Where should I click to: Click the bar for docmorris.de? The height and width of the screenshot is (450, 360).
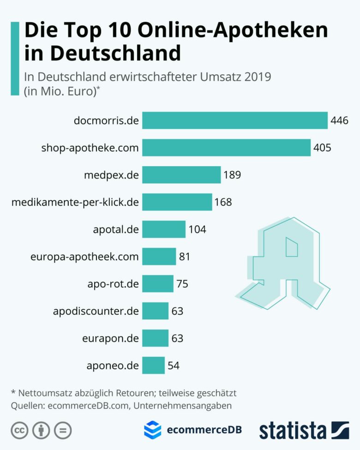click(x=234, y=121)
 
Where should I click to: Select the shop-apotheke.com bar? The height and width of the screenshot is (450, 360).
click(x=226, y=148)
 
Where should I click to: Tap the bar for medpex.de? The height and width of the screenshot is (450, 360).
click(x=181, y=175)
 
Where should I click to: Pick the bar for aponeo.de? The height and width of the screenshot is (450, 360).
click(x=153, y=365)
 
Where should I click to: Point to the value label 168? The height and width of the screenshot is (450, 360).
click(x=223, y=202)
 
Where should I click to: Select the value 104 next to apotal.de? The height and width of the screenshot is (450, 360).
click(x=197, y=229)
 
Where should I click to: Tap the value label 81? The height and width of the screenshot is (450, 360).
click(x=185, y=257)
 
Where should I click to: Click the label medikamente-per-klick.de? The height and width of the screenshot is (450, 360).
click(x=75, y=202)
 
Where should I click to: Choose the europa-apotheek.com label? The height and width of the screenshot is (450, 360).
click(x=84, y=257)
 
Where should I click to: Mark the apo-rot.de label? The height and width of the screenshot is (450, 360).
click(x=113, y=284)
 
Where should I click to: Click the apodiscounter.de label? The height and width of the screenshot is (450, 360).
click(x=96, y=311)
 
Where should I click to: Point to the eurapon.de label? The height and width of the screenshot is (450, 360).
click(x=111, y=338)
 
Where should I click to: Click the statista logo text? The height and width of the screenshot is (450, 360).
click(x=293, y=430)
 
